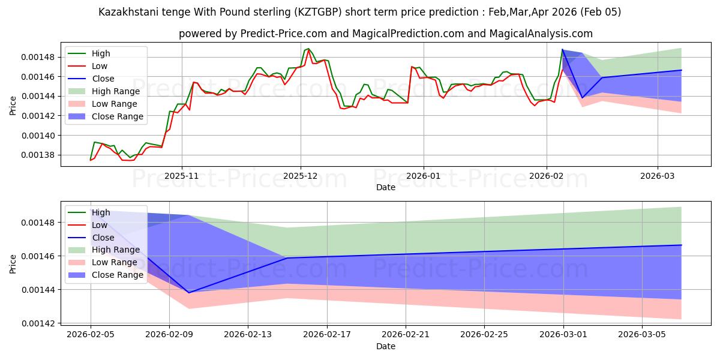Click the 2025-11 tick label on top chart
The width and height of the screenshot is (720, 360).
coord(182,176)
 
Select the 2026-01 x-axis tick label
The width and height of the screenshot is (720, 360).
coord(424,176)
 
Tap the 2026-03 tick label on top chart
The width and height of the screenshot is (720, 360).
coord(658,176)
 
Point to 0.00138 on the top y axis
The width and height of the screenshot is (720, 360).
coord(39,155)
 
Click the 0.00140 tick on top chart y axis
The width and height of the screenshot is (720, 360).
coord(39,136)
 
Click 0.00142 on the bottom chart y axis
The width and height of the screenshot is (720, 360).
coord(39,323)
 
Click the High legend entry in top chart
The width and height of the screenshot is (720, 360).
coord(101,53)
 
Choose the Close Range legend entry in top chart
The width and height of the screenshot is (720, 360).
coord(118,116)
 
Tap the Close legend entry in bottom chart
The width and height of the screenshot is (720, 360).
coord(103,238)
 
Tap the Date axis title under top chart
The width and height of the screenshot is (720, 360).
coord(385,187)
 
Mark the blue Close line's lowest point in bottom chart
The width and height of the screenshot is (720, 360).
coord(189,293)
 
